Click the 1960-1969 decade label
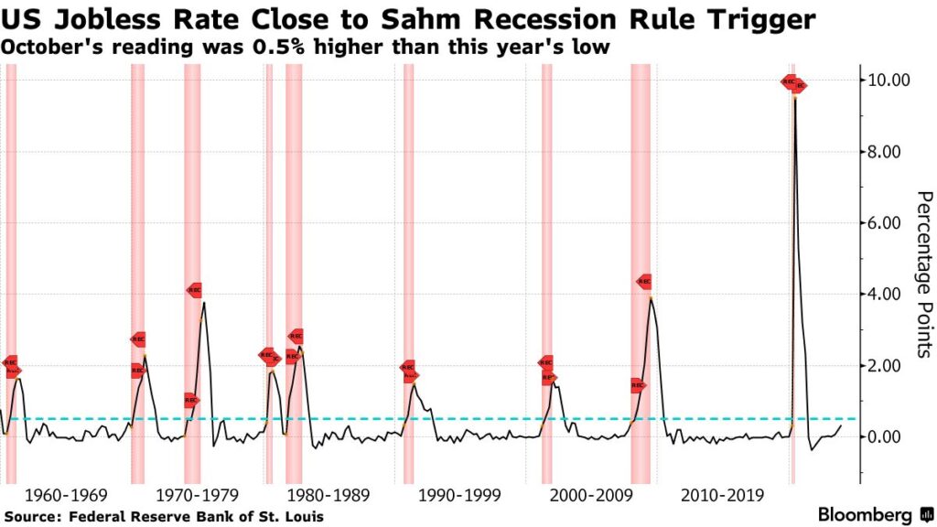[x=67, y=496]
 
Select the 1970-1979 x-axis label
[x=199, y=496]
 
